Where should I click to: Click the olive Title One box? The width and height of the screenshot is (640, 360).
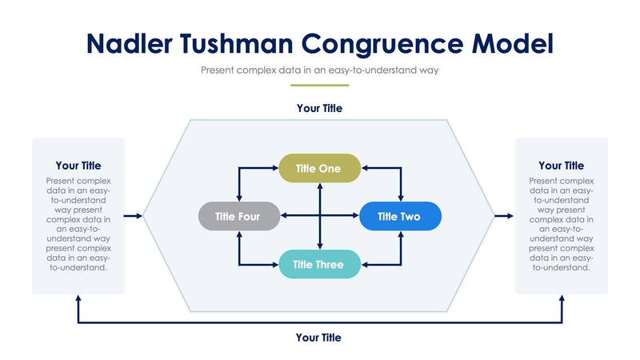pos(319,169)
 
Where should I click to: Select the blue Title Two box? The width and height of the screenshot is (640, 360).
pos(400,216)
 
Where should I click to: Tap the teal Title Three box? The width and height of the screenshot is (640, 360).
pos(319,265)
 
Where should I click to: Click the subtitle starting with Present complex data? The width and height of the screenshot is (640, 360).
pos(319,70)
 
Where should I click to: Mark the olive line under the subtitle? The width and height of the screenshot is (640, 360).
pos(319,84)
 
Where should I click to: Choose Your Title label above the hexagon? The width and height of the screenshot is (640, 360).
pos(319,108)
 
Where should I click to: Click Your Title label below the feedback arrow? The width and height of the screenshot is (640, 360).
pos(318,338)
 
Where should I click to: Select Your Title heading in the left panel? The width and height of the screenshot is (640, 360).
pos(78,166)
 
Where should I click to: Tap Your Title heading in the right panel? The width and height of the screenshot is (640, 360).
pos(561,166)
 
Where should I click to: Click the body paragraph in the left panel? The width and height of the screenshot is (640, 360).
pos(78,224)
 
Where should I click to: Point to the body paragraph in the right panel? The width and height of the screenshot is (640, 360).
pos(561,224)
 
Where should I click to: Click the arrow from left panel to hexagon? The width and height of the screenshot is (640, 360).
pos(134,216)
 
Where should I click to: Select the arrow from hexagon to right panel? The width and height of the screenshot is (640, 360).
pos(505,216)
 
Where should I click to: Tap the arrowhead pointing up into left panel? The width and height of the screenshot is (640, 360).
pos(78,299)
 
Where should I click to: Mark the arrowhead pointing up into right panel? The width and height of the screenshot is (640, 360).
pos(562,299)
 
